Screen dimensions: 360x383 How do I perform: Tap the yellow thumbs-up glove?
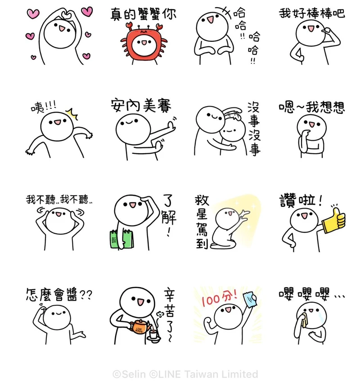[333, 221]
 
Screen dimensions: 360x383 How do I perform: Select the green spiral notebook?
[122, 239]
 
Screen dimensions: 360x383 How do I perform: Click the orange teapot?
[140, 326]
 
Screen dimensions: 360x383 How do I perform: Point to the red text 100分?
[220, 298]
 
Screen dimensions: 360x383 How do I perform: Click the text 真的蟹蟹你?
[143, 13]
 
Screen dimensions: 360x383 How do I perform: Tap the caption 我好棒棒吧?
[312, 13]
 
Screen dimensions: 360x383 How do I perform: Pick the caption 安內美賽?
[141, 106]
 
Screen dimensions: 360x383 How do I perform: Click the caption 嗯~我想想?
[312, 107]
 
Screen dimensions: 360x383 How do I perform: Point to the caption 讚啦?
[301, 200]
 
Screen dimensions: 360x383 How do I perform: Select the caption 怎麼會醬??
[59, 294]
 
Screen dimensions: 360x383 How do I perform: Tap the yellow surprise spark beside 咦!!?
[72, 114]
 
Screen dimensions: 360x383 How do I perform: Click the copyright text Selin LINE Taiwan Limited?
[185, 374]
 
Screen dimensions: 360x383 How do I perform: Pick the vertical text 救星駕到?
[202, 222]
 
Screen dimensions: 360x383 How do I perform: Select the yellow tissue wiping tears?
[304, 321]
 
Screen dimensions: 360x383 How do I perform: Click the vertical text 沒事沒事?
[254, 129]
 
